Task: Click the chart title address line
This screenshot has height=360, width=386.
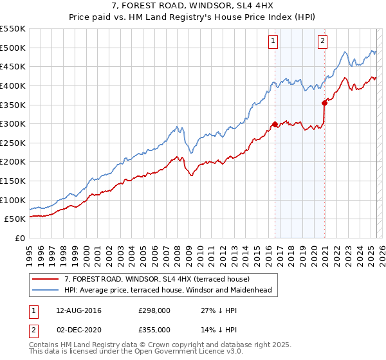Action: coord(192,6)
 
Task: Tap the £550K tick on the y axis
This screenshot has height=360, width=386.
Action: coord(13,29)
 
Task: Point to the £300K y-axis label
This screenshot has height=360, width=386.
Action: coord(13,123)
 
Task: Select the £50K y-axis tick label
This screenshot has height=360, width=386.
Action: coord(15,219)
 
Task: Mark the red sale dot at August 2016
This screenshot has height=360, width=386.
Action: coord(275,124)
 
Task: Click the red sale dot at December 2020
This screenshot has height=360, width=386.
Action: coord(324,102)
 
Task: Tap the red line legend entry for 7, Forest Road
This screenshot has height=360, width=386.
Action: coord(161,279)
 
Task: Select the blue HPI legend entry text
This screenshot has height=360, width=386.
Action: coord(168,290)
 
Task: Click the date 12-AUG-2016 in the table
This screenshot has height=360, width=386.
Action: coord(78,310)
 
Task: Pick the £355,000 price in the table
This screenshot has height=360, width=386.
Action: coord(154,330)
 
